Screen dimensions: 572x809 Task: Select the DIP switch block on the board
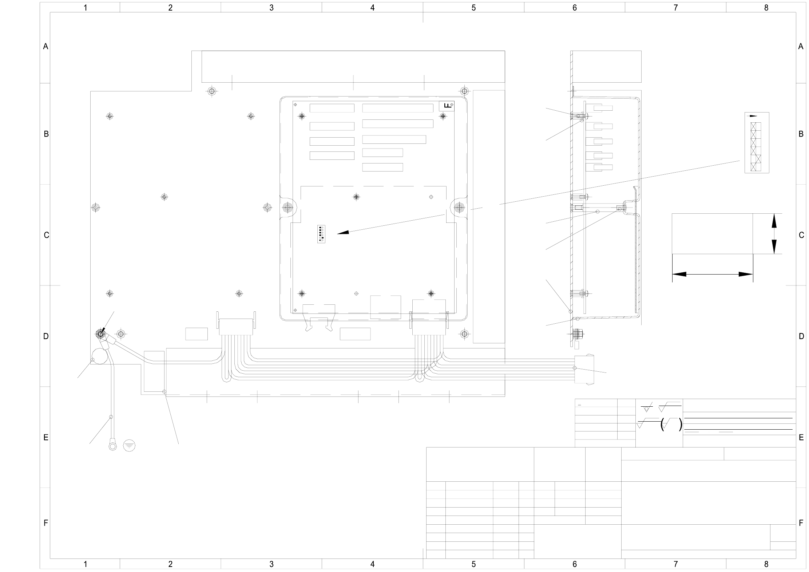coord(321,234)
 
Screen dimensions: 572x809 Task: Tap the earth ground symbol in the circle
coord(129,445)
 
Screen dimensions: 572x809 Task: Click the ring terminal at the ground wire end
coord(113,445)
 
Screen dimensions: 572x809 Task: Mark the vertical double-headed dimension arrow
coord(774,233)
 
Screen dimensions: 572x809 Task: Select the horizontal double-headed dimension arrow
coord(712,274)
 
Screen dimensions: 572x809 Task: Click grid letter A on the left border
coord(45,47)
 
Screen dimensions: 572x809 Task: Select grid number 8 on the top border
coord(766,8)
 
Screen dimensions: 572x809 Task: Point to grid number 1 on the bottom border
coord(85,564)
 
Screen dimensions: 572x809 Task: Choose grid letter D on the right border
coord(801,336)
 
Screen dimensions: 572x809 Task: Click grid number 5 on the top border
coord(473,8)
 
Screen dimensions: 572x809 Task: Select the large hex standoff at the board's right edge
coord(459,208)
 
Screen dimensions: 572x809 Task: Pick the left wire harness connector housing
coord(236,327)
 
